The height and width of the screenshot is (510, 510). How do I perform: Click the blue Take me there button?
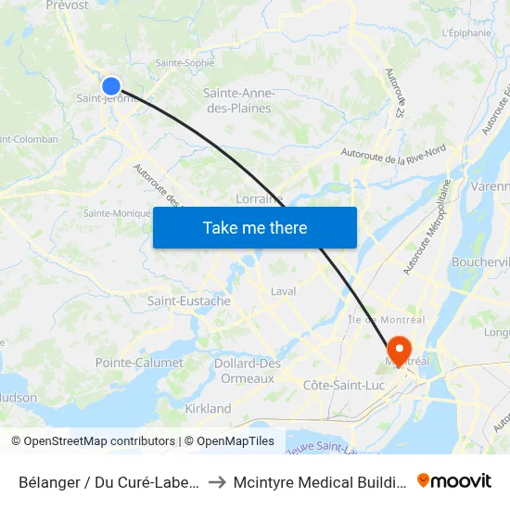[255, 227]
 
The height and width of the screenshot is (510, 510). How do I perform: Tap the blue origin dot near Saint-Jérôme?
[111, 86]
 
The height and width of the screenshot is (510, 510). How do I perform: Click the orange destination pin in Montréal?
[401, 351]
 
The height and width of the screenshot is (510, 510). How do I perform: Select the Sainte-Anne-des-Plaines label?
[237, 100]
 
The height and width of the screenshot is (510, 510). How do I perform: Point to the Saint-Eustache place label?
[189, 301]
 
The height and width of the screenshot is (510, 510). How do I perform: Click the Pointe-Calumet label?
[139, 363]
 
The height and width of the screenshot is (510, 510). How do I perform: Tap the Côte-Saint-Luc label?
[344, 385]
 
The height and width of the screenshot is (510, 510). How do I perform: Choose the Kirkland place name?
[208, 409]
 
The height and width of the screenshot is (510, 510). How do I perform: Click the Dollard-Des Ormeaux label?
[248, 371]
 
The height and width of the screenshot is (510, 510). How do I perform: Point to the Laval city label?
[284, 291]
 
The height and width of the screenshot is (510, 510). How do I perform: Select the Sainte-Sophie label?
[185, 63]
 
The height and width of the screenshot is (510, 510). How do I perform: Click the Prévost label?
[67, 6]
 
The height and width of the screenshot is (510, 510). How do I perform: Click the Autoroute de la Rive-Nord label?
[393, 152]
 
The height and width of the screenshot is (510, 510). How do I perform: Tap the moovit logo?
[454, 480]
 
